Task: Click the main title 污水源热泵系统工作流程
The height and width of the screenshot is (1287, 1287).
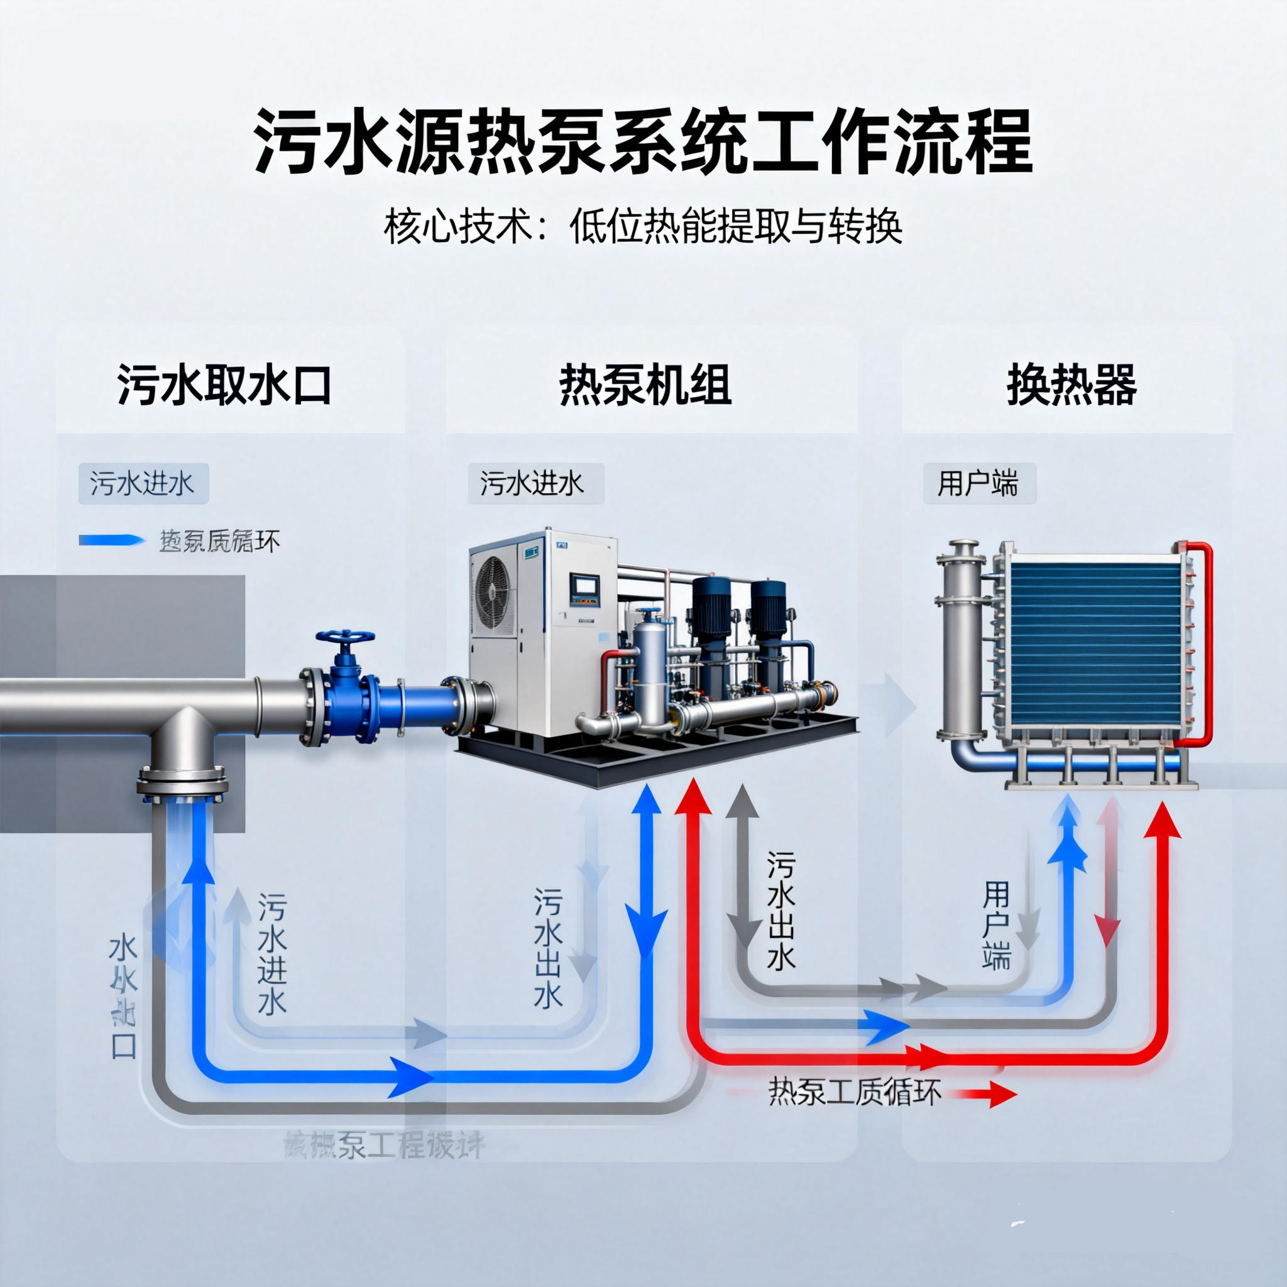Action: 643,142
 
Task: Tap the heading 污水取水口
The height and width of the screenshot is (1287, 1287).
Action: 224,385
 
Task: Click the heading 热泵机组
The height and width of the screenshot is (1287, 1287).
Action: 645,385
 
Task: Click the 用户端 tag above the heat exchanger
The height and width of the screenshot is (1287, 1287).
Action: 978,484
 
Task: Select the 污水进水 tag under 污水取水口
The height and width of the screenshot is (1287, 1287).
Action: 143,484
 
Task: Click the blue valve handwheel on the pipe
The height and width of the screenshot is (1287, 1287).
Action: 346,640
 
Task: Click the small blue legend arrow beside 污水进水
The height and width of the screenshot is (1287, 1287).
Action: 111,540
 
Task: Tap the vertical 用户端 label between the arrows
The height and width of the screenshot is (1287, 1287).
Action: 996,925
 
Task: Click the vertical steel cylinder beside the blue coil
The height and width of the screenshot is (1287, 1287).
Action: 961,646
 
